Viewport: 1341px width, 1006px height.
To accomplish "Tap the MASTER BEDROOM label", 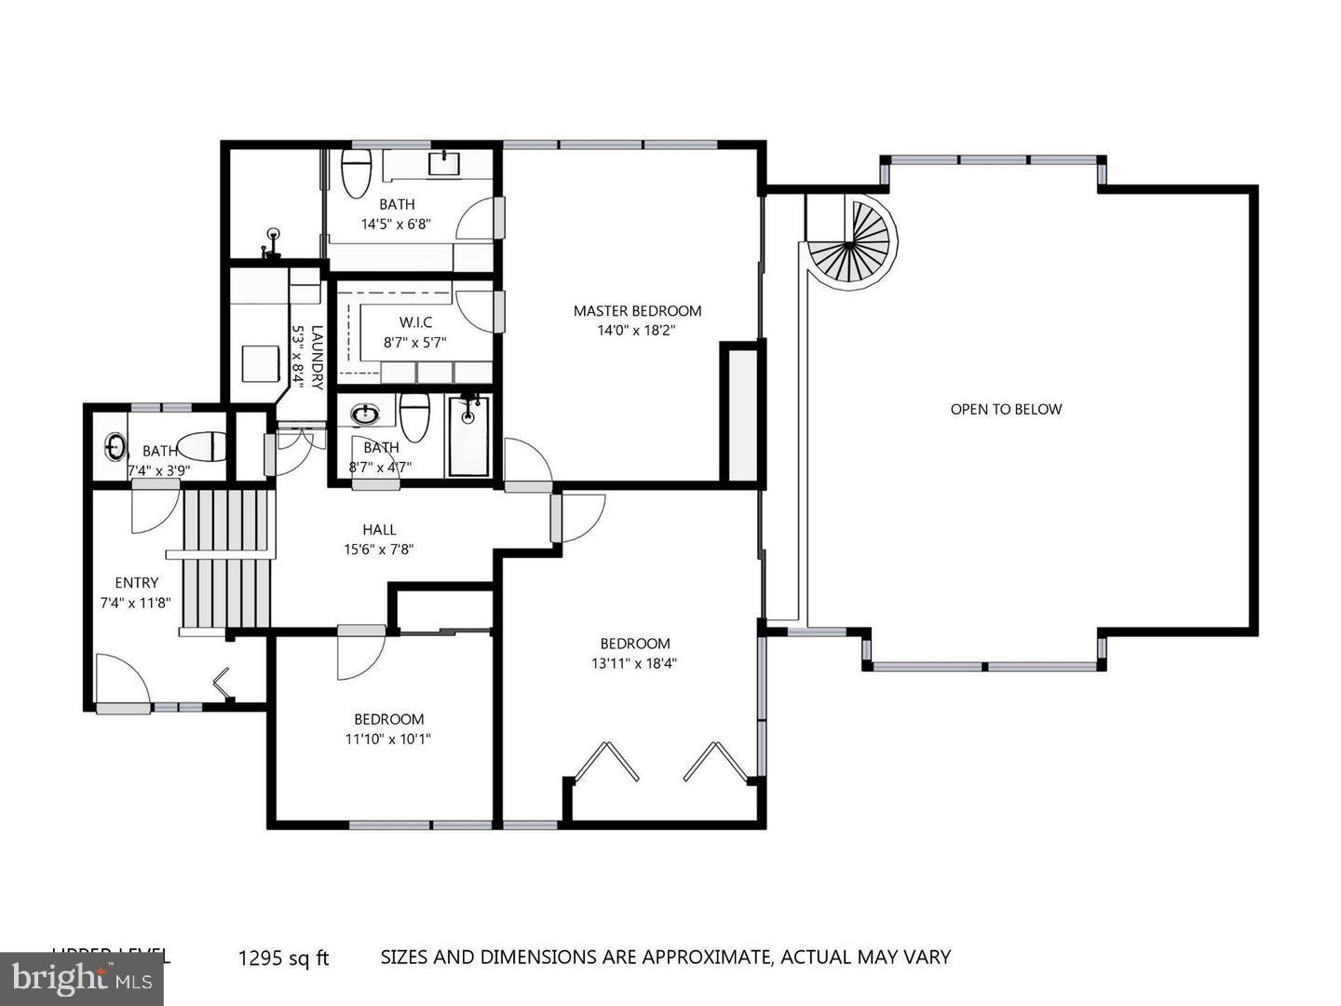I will click(x=637, y=311).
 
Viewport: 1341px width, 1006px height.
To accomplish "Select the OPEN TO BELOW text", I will click(x=1006, y=409).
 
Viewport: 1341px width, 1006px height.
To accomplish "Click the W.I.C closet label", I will click(x=415, y=322).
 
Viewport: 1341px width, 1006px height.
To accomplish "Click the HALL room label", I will click(x=379, y=529).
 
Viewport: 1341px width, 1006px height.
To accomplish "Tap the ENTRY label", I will click(x=137, y=583).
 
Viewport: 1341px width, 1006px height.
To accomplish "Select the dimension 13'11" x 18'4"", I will click(x=634, y=664).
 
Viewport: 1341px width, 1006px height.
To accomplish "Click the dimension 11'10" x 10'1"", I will click(x=388, y=740).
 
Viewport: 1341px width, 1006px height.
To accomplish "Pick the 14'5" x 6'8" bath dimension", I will click(x=396, y=224).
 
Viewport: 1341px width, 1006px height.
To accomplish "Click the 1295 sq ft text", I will click(x=284, y=958).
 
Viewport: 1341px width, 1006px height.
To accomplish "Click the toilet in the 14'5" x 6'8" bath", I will click(x=355, y=174).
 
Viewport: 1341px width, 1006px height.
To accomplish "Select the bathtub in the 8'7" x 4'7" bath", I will click(x=467, y=435).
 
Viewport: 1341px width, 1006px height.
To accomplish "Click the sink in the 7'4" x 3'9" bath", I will click(x=115, y=447).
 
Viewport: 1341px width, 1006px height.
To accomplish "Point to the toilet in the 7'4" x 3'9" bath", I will click(x=202, y=447).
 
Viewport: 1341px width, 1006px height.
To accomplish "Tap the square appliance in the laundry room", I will click(x=260, y=363).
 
